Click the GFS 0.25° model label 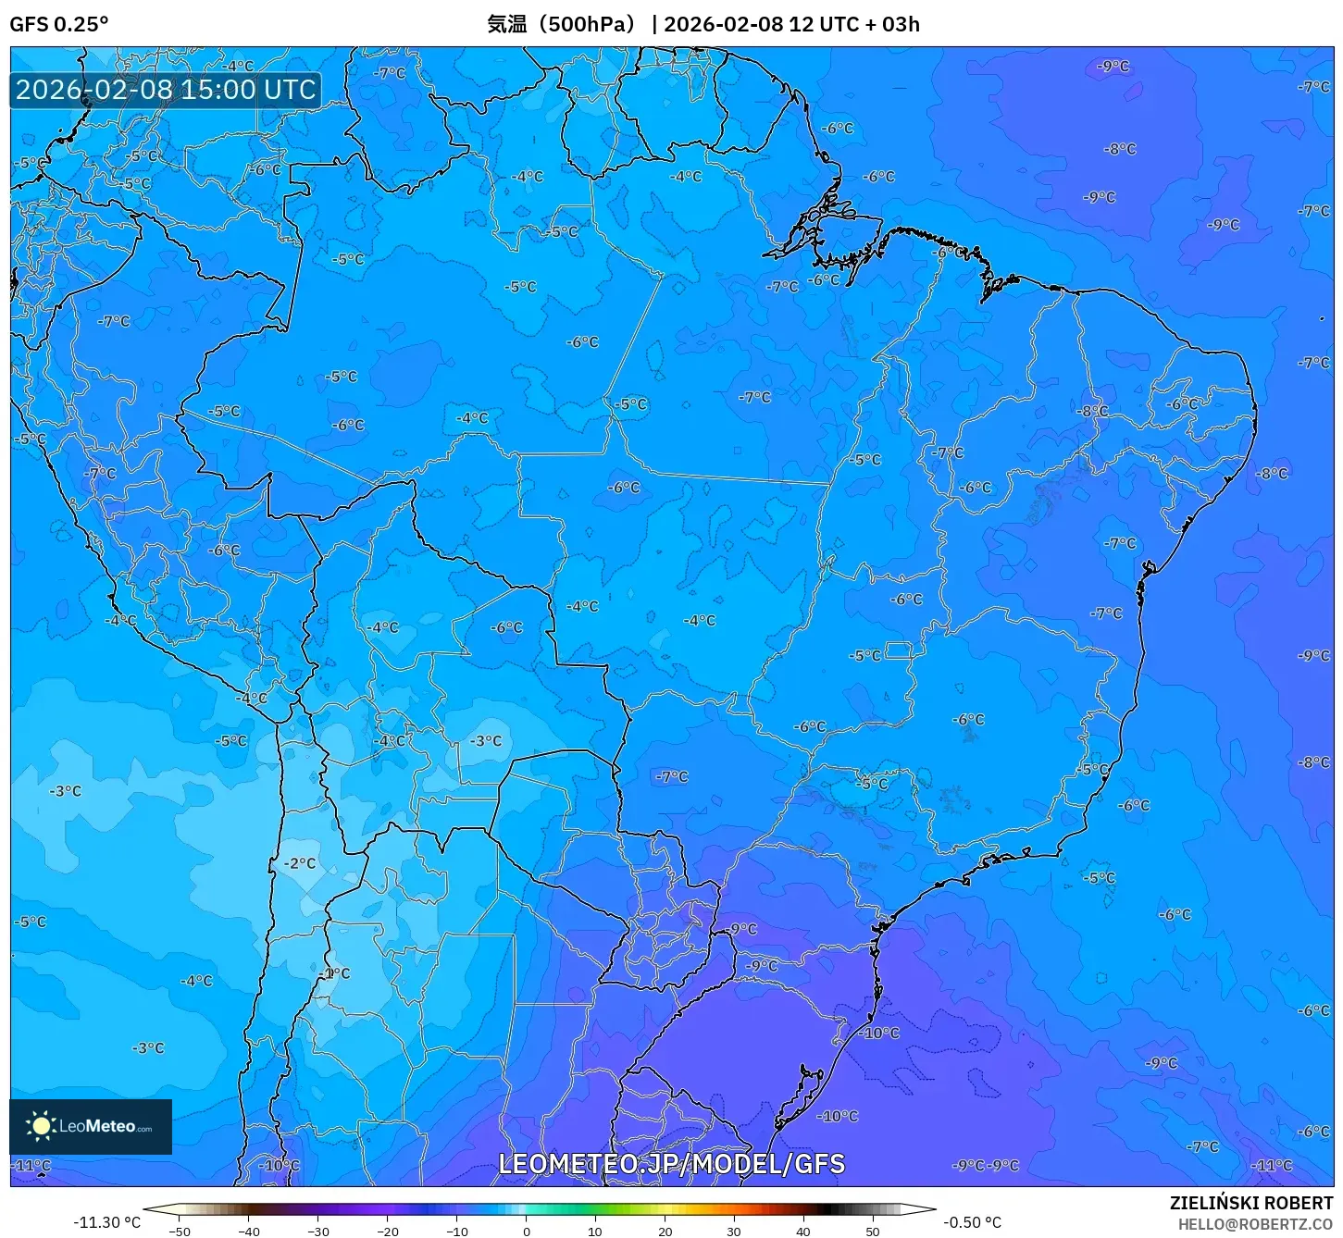pyautogui.click(x=58, y=24)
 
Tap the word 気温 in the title pyautogui.click(x=506, y=24)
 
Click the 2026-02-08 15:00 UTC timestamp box pyautogui.click(x=166, y=90)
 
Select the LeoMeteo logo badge pyautogui.click(x=91, y=1126)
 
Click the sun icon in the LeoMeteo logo pyautogui.click(x=41, y=1125)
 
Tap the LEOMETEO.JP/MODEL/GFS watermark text pyautogui.click(x=671, y=1164)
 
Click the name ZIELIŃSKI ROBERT pyautogui.click(x=1251, y=1204)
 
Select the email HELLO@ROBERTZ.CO pyautogui.click(x=1255, y=1224)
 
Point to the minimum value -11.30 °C pyautogui.click(x=107, y=1222)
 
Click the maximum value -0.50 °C pyautogui.click(x=972, y=1222)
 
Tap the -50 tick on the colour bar pyautogui.click(x=180, y=1232)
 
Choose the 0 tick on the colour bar pyautogui.click(x=527, y=1232)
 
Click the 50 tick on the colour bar pyautogui.click(x=873, y=1232)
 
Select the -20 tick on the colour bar pyautogui.click(x=388, y=1232)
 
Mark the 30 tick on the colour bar pyautogui.click(x=734, y=1232)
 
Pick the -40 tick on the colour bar pyautogui.click(x=249, y=1232)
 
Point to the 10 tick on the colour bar pyautogui.click(x=595, y=1232)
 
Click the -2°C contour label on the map pyautogui.click(x=300, y=863)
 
